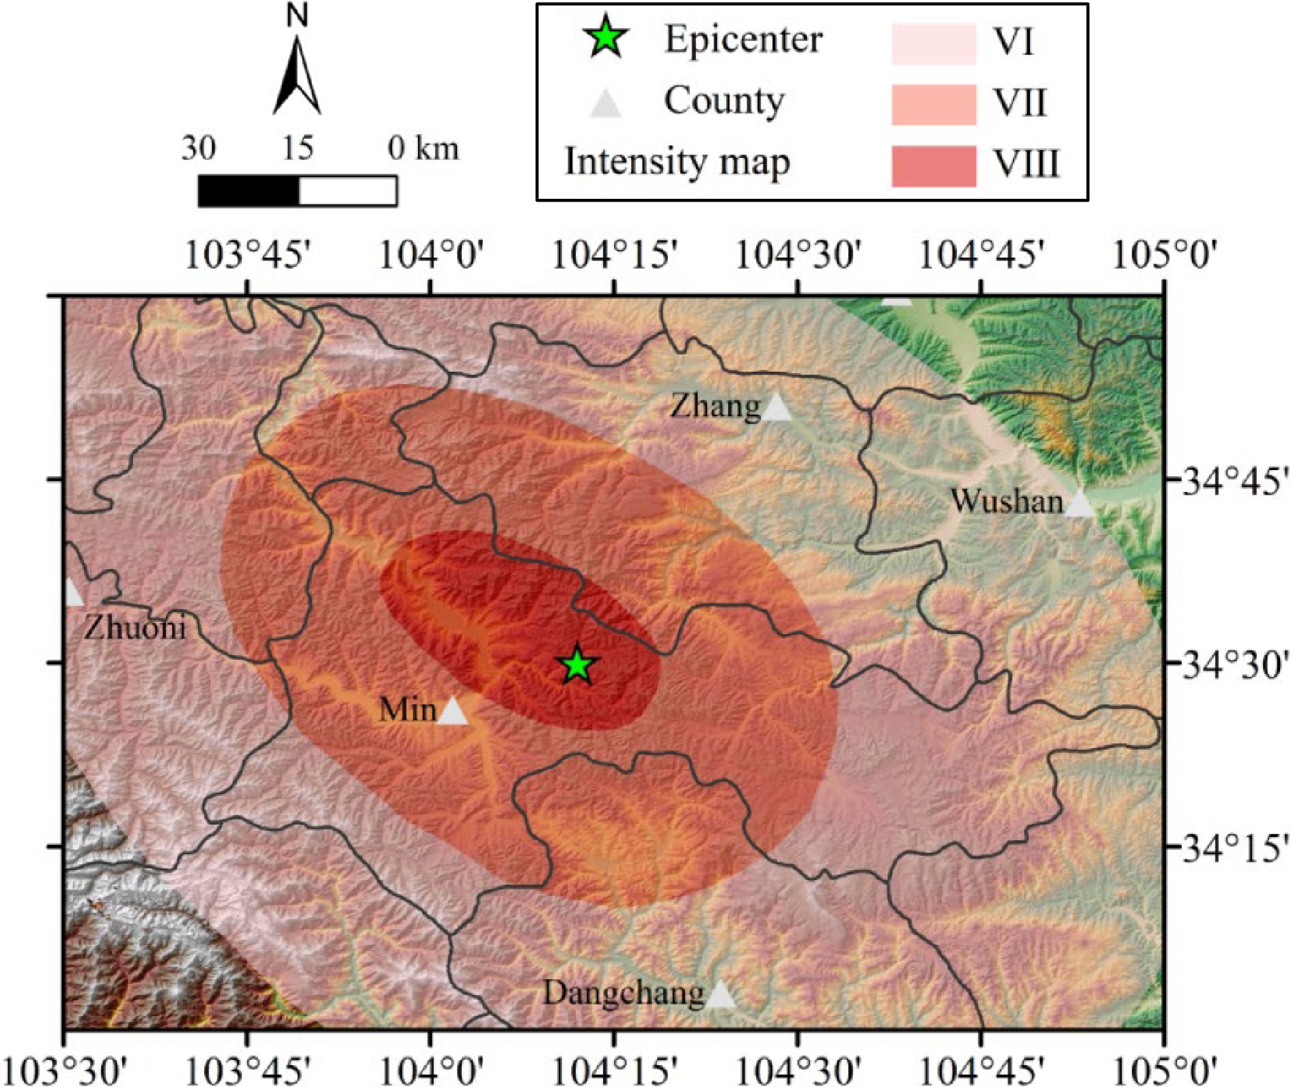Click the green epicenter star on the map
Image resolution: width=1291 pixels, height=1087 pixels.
pyautogui.click(x=577, y=665)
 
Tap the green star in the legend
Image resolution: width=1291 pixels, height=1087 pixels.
pyautogui.click(x=607, y=40)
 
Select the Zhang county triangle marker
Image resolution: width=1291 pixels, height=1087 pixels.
pyautogui.click(x=777, y=408)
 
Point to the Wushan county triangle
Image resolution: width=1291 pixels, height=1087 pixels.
pyautogui.click(x=1079, y=504)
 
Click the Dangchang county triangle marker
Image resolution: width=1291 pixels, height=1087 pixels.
pyautogui.click(x=720, y=995)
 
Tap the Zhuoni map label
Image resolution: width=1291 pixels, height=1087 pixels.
pyautogui.click(x=135, y=627)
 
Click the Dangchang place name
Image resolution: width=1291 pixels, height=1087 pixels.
pyautogui.click(x=623, y=993)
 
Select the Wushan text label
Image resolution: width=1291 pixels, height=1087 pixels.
pyautogui.click(x=1006, y=501)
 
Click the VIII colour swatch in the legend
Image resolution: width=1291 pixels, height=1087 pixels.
pyautogui.click(x=933, y=165)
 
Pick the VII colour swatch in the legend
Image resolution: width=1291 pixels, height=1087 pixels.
pyautogui.click(x=933, y=105)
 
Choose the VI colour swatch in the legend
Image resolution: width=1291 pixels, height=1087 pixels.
pyautogui.click(x=933, y=44)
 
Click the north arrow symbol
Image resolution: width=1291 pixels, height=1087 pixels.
pyautogui.click(x=297, y=75)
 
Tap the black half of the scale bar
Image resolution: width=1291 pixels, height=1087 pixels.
pyautogui.click(x=249, y=191)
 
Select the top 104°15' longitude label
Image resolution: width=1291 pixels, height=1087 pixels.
pyautogui.click(x=614, y=256)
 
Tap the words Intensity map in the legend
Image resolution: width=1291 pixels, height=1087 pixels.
pyautogui.click(x=677, y=163)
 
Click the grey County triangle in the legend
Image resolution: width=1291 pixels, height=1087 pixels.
pyautogui.click(x=606, y=104)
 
